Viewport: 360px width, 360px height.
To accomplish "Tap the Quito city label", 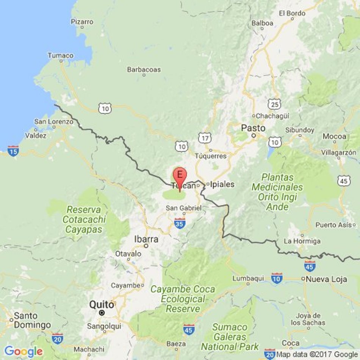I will click(101, 305).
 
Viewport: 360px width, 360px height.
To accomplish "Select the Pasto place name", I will click(254, 128).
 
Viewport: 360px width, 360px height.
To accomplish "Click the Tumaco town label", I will click(61, 55).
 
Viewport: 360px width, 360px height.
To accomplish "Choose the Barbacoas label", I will click(144, 70).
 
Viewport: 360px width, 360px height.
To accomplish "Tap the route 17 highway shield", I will click(205, 138).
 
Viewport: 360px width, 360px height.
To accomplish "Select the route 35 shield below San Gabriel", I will click(180, 224).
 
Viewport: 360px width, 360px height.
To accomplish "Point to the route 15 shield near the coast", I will click(13, 150).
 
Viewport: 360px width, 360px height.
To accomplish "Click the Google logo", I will click(23, 351).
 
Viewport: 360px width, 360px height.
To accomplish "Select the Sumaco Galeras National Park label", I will click(230, 337).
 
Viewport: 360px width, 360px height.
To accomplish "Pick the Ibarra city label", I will click(146, 239).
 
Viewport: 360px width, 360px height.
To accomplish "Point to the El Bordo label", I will click(292, 13).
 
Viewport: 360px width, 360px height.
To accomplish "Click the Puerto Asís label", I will click(331, 225).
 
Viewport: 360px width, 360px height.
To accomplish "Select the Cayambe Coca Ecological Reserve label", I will click(183, 299).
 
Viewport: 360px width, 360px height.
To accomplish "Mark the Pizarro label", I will click(82, 22).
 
